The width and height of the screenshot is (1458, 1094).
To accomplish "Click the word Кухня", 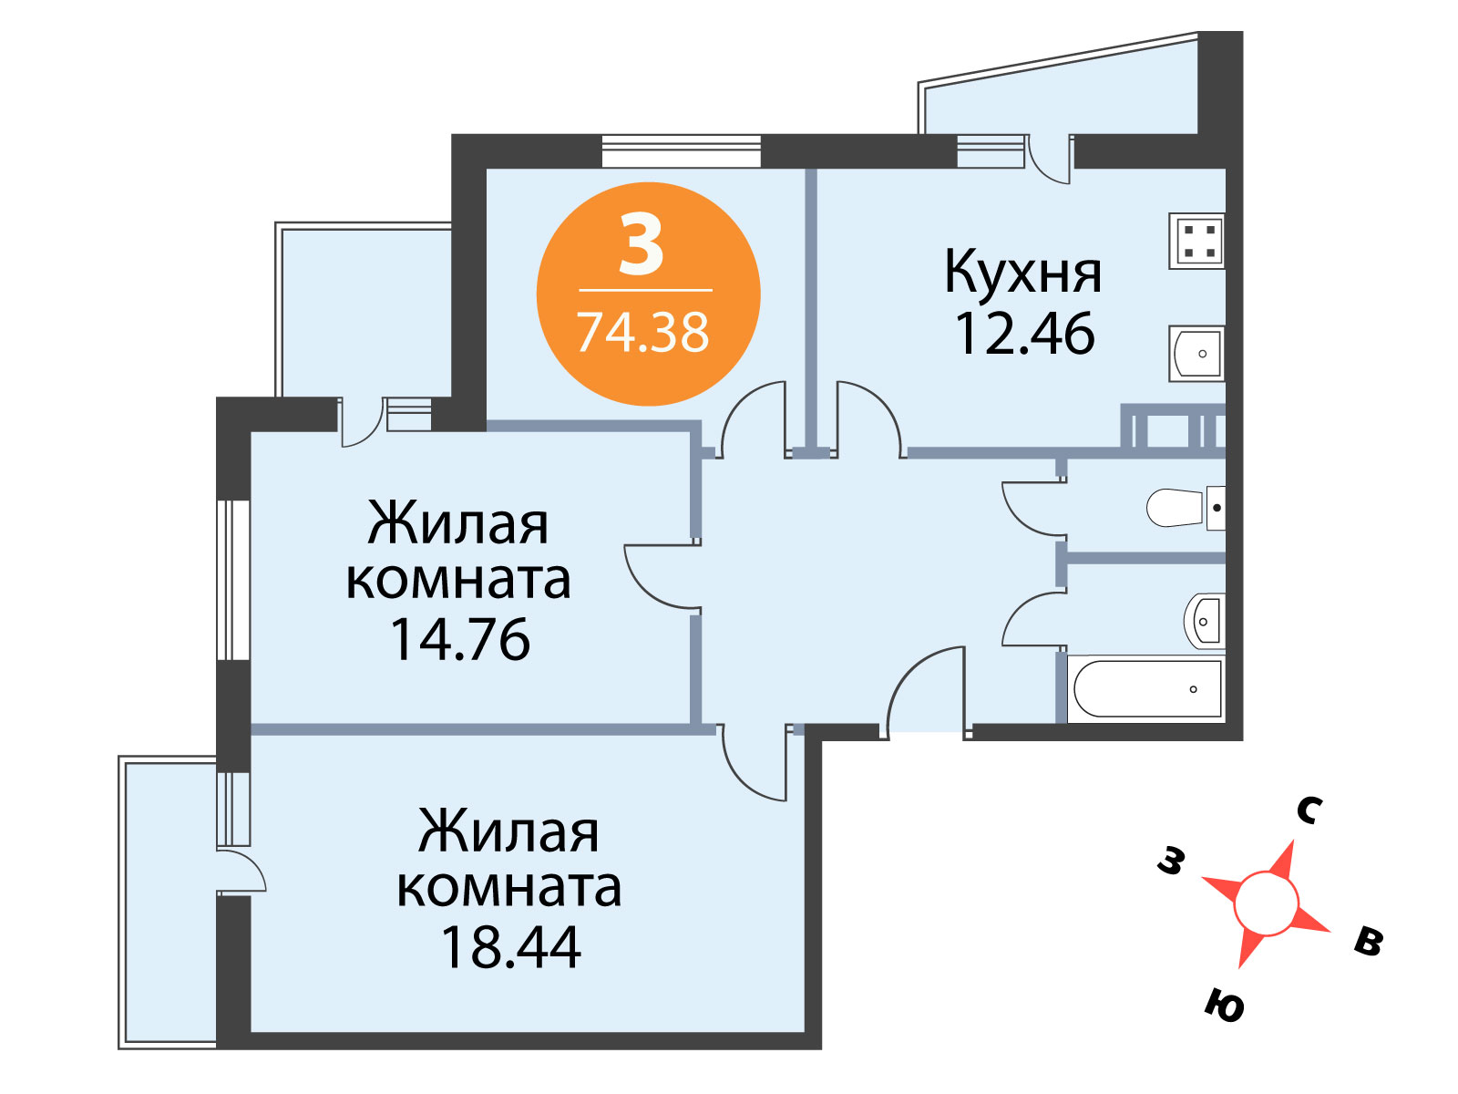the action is [1023, 272].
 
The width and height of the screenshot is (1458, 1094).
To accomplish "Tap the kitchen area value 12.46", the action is [1024, 334].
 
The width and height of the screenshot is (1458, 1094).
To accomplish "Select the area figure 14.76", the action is [460, 640].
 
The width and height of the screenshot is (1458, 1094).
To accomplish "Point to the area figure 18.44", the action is [511, 947].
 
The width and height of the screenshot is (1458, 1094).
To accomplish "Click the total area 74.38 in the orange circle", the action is [643, 332].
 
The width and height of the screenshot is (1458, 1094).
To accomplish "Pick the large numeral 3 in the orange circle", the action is [642, 245].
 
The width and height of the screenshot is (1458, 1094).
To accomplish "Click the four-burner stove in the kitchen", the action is [1196, 241].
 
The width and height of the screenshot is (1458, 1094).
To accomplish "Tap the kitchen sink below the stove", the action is [1196, 354].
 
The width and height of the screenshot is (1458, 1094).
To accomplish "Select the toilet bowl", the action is [1186, 508].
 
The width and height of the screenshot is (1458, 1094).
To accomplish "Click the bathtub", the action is [1146, 689].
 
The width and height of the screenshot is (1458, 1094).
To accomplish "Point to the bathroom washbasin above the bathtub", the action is [1205, 621].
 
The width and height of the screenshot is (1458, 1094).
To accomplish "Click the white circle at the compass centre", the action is [1266, 904].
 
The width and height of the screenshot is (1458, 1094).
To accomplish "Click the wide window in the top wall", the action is [681, 150].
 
